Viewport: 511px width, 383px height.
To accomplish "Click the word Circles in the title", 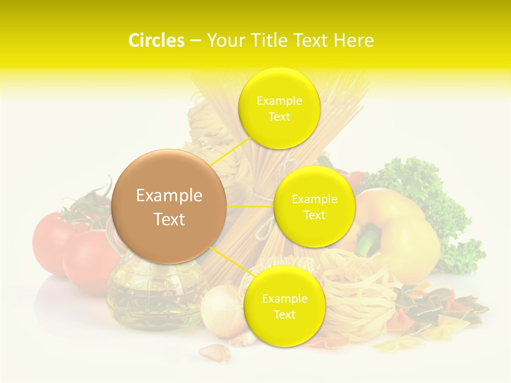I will [x=156, y=40].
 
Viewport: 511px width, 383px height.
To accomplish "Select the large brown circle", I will [x=169, y=206].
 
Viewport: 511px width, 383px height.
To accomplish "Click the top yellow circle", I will [x=279, y=108].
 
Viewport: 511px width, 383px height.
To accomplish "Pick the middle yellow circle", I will [x=314, y=206].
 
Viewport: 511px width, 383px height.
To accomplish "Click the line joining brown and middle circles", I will [x=250, y=206].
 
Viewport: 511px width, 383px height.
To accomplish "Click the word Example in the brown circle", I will [x=169, y=196].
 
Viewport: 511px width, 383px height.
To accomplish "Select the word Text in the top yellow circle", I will [x=279, y=117].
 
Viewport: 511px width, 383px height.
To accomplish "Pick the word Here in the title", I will [x=353, y=40].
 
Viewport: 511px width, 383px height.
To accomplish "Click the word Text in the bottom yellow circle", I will [x=284, y=314].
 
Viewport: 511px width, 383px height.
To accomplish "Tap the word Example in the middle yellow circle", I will [x=314, y=199].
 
